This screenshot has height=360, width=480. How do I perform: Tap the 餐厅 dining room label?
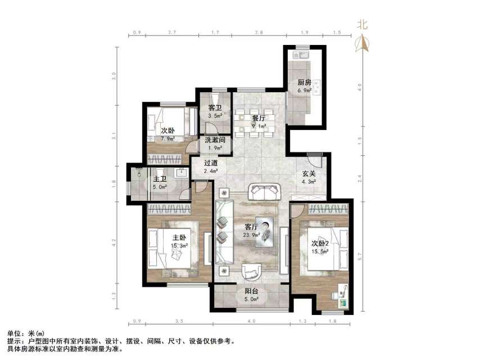[x=259, y=118]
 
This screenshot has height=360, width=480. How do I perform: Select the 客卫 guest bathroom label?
[x=214, y=108]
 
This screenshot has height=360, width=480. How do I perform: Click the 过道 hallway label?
[x=211, y=163]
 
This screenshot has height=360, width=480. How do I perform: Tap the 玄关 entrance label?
[x=308, y=174]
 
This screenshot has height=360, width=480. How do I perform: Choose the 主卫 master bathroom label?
[x=160, y=181]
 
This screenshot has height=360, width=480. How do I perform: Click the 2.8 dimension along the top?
[x=259, y=33]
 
